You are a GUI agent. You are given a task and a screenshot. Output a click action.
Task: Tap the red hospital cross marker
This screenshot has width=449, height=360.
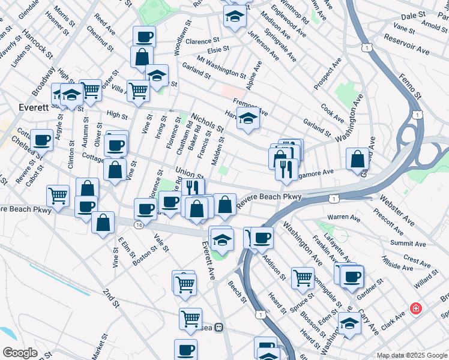tap(415, 309)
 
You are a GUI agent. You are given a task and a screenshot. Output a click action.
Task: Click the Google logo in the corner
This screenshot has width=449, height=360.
tap(20, 353)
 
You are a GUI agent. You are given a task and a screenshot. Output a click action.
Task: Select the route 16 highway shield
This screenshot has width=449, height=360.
tap(139, 224)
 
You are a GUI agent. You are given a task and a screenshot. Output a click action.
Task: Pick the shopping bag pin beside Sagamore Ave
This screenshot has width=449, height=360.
tap(358, 158)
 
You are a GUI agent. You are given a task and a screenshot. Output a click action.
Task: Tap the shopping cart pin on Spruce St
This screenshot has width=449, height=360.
tap(303, 277)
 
